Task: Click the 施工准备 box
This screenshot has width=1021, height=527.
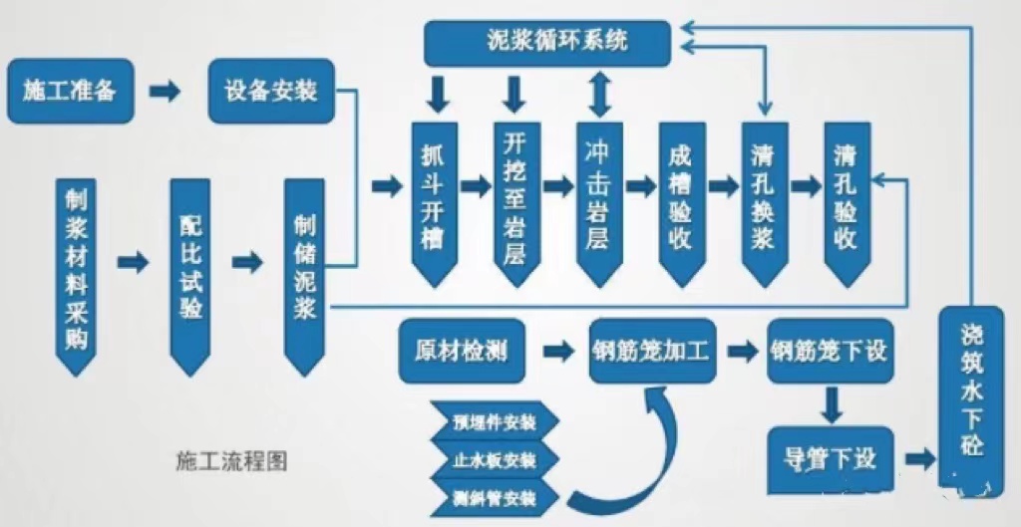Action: tap(70, 91)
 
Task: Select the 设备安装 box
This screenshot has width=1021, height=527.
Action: tap(271, 91)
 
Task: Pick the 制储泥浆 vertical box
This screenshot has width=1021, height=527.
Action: tap(305, 269)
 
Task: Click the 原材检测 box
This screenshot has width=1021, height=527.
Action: tap(461, 351)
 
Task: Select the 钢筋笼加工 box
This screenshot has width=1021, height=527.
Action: tap(653, 351)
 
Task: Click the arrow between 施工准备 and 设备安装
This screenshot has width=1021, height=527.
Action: tap(166, 92)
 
